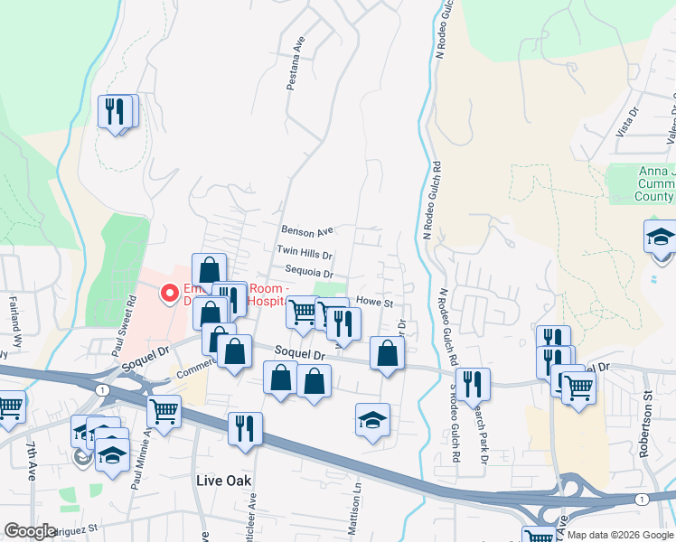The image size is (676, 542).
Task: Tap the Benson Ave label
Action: click(307, 232)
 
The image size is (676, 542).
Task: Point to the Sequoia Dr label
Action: click(309, 274)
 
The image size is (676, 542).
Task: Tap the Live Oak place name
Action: click(223, 481)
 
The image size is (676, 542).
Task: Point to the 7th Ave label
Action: click(32, 462)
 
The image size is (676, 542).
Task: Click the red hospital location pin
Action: click(168, 292)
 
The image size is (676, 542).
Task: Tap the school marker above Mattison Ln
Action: click(372, 421)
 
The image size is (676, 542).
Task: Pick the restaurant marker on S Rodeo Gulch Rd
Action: click(473, 383)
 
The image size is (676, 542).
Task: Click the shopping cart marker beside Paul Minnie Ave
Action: click(164, 411)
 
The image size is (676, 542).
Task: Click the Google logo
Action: click(30, 531)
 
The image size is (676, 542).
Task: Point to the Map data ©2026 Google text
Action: click(619, 535)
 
